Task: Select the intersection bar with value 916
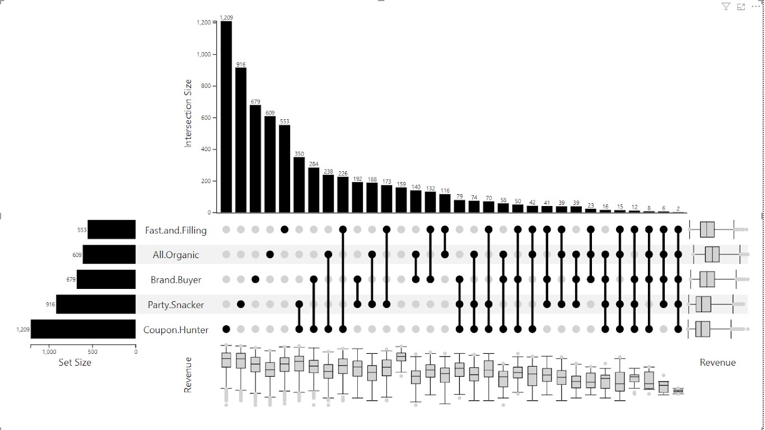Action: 241,140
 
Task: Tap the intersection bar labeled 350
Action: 299,185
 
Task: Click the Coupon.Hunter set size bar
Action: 83,329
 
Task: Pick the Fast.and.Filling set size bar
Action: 111,230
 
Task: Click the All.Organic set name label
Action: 175,255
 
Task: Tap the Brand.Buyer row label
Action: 176,280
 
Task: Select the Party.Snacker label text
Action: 176,305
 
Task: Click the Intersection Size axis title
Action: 188,113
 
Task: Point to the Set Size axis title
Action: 75,362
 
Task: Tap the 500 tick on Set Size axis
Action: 92,352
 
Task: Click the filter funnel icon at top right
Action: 726,7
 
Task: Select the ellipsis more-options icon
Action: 757,7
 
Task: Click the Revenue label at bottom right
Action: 717,362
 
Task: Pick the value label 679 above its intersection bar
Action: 255,102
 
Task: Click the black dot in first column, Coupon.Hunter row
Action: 226,329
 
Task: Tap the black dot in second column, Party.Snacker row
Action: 241,304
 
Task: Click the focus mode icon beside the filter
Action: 741,7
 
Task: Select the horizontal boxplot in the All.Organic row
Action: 712,254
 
